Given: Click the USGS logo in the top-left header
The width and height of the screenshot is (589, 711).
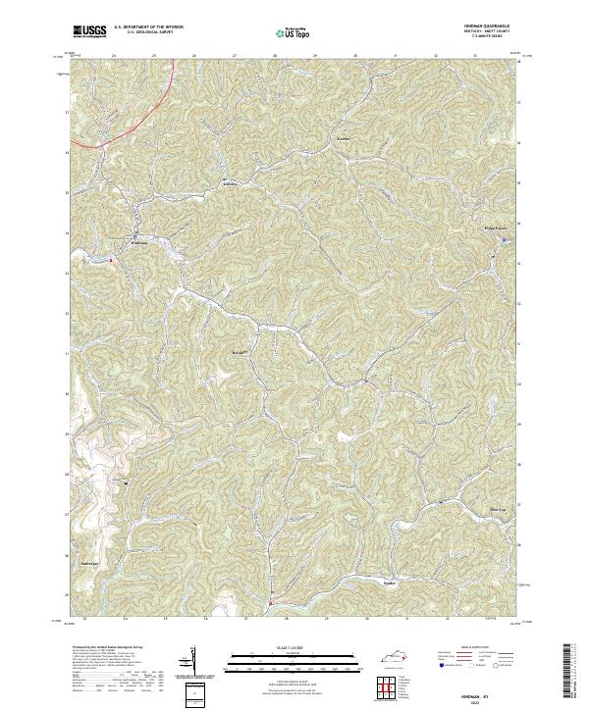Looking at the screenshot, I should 91,31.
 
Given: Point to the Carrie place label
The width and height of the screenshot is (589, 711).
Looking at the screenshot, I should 343,139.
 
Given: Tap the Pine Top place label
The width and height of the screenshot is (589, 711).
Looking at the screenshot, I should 497,510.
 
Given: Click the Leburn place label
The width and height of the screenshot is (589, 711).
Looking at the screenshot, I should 232,182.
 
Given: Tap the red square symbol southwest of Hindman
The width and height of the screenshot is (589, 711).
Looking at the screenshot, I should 111,260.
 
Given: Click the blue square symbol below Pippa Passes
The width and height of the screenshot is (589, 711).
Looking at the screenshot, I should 504,238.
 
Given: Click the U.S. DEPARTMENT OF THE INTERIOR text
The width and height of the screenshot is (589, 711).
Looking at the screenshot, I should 150,26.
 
